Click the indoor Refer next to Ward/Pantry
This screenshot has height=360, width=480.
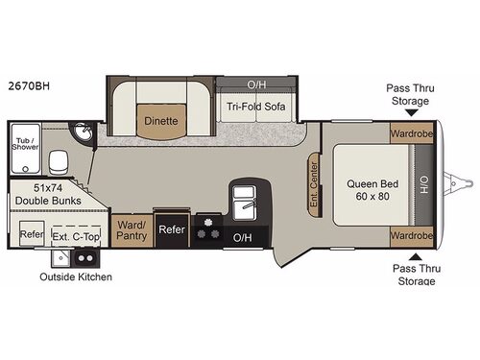point(171,229)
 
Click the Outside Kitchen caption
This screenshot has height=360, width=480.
point(75,277)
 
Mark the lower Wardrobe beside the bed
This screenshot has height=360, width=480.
point(412,233)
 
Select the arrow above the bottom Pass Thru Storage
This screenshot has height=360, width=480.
point(416,254)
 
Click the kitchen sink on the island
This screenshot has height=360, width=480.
point(242,201)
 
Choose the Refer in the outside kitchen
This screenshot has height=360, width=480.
point(32,233)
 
